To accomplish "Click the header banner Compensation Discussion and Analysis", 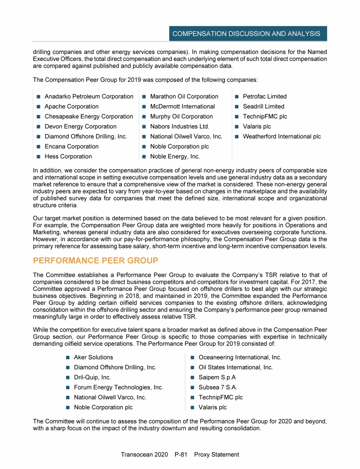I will pos(246,34).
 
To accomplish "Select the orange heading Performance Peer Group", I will pos(96,260).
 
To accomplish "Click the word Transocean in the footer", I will pos(138,454).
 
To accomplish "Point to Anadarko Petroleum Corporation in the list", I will pos(89,97).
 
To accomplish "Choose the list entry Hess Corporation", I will pos(68,157).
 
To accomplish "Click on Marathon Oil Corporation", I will pos(184,97).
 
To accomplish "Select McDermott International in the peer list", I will pos(182,106).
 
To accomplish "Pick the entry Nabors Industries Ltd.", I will pos(180,127).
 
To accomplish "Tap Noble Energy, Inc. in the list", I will pos(175,157).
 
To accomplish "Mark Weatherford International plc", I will pos(282,137).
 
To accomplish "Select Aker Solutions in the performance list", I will pos(93,357).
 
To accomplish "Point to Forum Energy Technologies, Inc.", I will pos(119,387).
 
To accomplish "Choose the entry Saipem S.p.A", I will pos(217,378).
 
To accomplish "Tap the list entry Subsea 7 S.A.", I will pos(218,387).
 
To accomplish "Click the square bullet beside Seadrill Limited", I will pos(238,107).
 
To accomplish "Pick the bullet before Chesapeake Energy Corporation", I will pos(39,117).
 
